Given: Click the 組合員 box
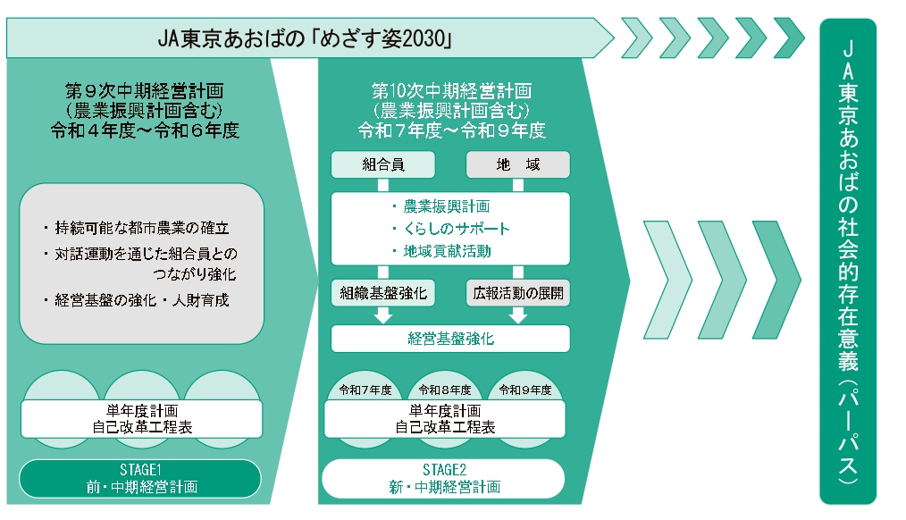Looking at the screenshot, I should coord(383,164).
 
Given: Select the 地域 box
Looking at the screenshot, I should coord(518,164).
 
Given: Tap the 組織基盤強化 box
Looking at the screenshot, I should coord(383,293).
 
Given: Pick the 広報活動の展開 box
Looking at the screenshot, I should coord(518,293).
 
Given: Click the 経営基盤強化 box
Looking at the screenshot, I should coord(450,339).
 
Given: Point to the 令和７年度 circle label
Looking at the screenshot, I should coord(365,390).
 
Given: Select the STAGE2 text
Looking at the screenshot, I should coord(445,469).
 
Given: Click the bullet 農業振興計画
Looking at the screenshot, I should coord(447,206).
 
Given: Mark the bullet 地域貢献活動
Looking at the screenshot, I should coord(447,251).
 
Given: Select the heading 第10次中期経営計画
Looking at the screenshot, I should coord(451,91).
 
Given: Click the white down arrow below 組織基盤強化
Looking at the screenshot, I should coord(383,315).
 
